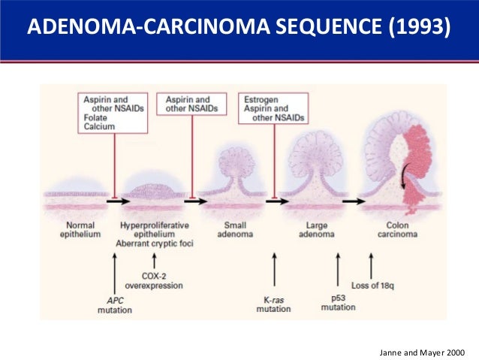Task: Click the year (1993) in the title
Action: click(x=421, y=28)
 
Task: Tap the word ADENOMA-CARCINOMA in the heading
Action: click(x=131, y=28)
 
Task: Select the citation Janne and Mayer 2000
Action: click(x=424, y=352)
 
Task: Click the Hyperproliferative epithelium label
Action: click(x=155, y=229)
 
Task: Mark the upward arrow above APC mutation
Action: click(x=113, y=274)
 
